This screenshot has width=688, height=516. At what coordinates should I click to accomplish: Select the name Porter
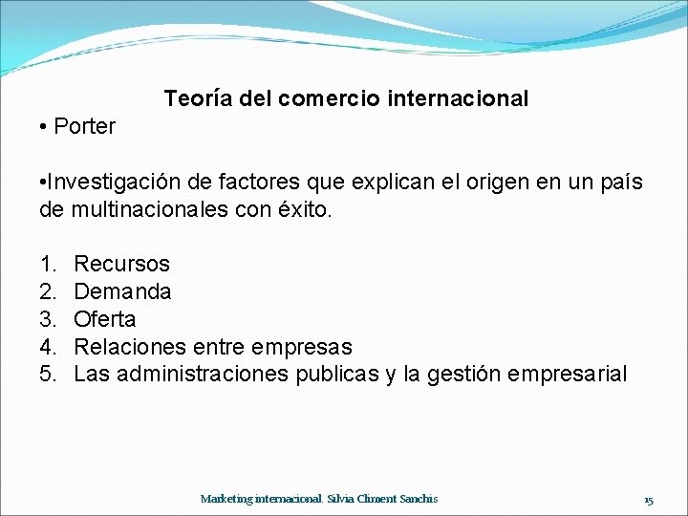point(85,126)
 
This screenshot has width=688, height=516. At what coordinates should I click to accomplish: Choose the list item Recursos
point(121,264)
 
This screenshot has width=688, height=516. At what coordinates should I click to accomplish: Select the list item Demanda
point(122,291)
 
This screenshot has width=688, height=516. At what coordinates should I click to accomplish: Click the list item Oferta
point(105,319)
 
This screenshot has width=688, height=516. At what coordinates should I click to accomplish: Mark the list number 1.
point(47,264)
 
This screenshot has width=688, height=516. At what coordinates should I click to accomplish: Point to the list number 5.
point(47,374)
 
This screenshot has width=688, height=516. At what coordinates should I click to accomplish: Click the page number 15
point(648,500)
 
